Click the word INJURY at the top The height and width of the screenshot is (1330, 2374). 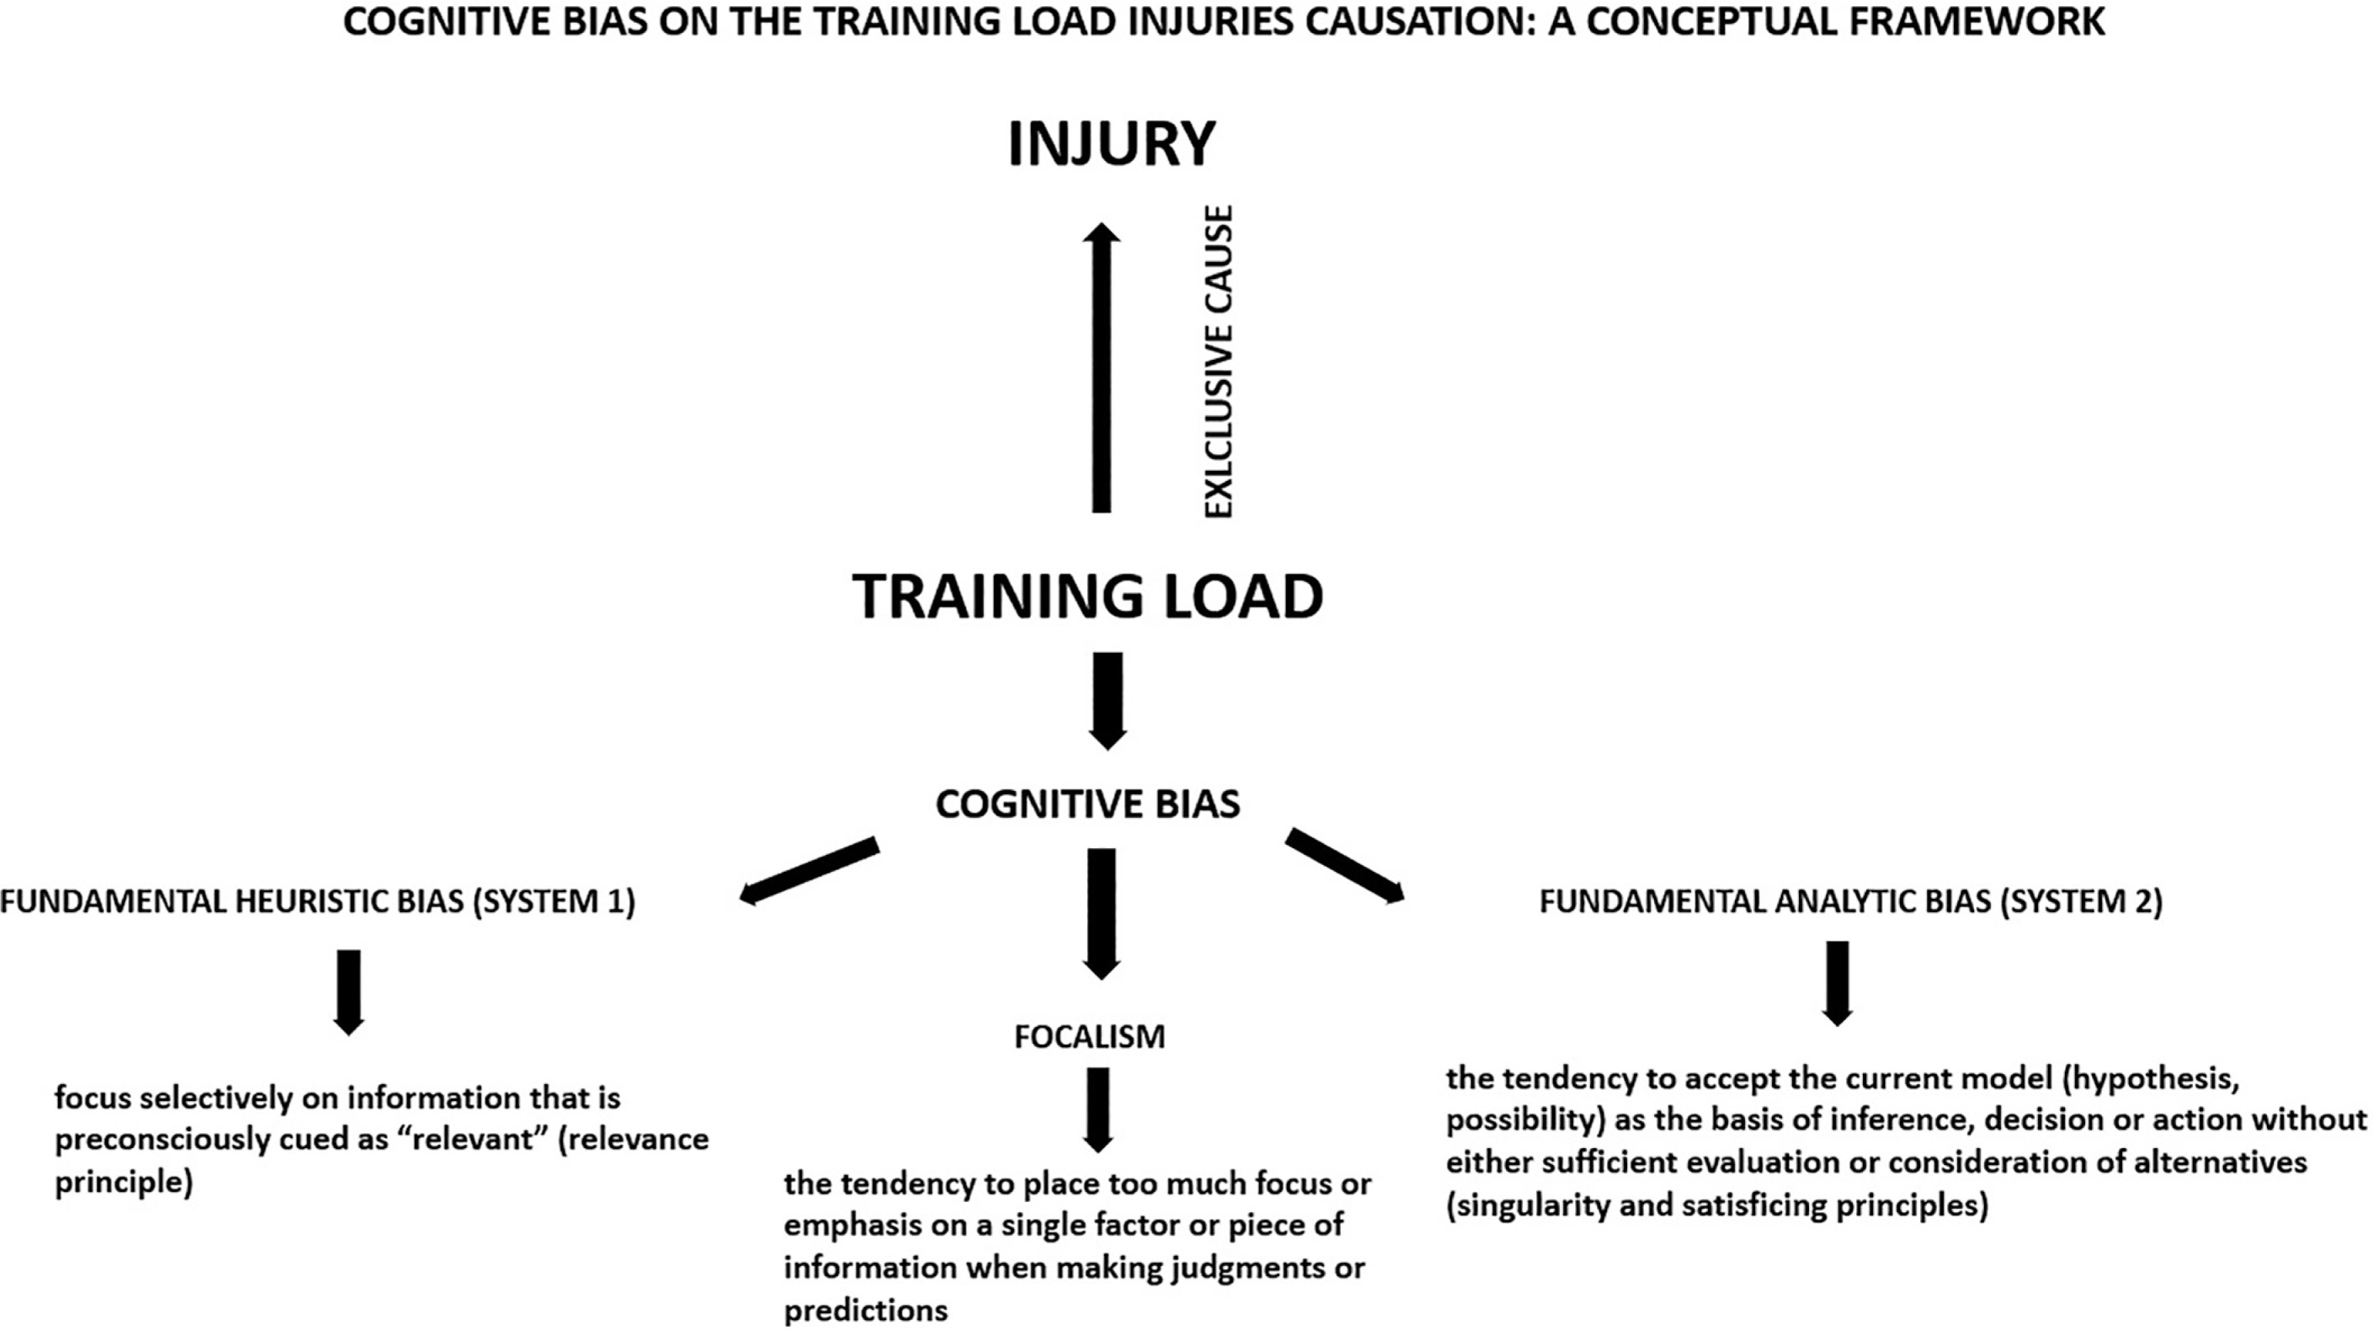point(1111,144)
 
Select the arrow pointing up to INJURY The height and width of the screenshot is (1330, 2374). point(1101,369)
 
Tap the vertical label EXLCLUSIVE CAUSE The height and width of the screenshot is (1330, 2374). point(1218,361)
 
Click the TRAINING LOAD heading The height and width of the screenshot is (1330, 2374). point(1088,596)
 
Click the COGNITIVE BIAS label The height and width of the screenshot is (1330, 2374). point(1088,804)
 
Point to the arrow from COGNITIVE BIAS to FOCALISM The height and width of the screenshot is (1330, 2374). point(1101,912)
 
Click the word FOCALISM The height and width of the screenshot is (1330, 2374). point(1089,1037)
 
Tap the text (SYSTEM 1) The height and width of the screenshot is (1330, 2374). point(554,901)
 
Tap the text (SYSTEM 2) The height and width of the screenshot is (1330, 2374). point(2081,901)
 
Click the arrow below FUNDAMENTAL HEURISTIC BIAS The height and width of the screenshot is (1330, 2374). point(348,992)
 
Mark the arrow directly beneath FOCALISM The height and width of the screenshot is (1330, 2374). point(1098,1109)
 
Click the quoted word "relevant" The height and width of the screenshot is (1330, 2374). point(480,1139)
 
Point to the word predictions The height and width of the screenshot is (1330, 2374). point(865,1310)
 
